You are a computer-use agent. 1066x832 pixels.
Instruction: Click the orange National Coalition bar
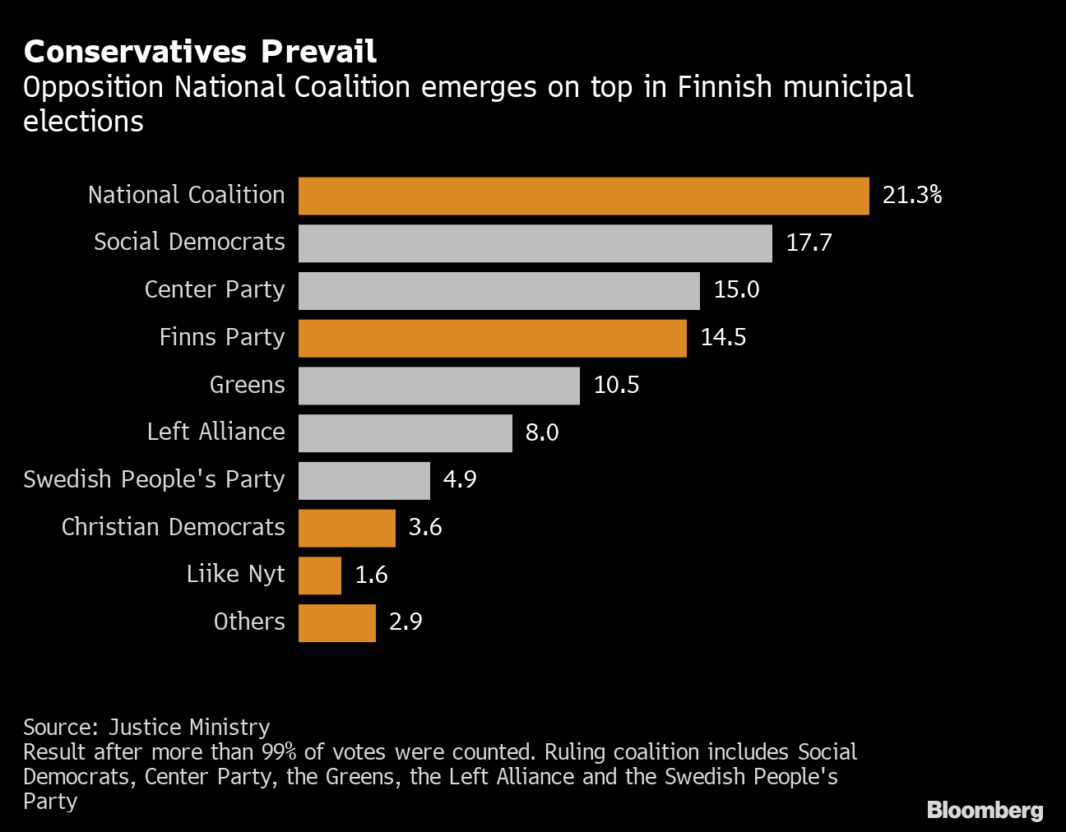[583, 196]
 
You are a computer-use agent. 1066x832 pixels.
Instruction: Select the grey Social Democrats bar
[535, 243]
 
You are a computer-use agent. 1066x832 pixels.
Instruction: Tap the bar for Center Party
[498, 291]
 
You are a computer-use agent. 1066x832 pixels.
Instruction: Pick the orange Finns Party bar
[492, 338]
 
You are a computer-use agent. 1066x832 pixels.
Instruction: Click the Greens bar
[438, 386]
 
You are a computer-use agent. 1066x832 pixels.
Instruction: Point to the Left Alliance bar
[405, 433]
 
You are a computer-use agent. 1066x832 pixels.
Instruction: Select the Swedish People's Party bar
[364, 480]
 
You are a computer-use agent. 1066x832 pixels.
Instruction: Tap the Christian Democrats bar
[346, 528]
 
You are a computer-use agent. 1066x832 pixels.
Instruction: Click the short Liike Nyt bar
[319, 575]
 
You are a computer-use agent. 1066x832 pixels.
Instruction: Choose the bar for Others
[336, 622]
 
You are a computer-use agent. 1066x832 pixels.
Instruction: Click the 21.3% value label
[911, 196]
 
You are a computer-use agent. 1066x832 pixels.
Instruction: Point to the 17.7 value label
[809, 243]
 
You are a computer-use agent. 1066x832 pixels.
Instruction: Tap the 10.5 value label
[616, 386]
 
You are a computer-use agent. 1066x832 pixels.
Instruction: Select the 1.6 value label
[371, 575]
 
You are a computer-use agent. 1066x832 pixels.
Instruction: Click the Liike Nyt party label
[235, 574]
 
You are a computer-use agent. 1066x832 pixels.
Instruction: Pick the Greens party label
[247, 385]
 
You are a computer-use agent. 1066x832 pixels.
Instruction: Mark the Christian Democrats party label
[173, 527]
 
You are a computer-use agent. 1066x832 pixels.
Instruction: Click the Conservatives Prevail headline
[200, 52]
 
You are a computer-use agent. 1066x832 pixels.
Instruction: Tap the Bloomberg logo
[985, 811]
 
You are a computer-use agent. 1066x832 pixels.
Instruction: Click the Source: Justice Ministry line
[146, 728]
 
